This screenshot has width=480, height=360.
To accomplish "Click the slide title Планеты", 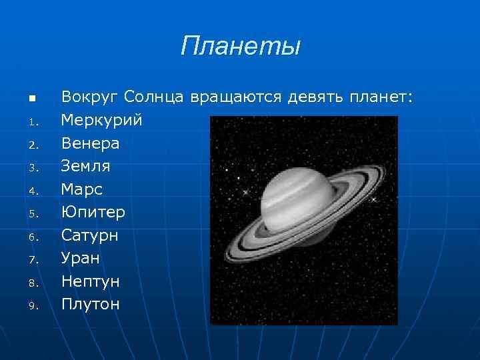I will (241, 47).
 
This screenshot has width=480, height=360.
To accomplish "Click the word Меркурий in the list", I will (102, 121).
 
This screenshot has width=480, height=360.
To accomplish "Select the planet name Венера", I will (91, 143).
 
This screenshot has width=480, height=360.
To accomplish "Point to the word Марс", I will (81, 189).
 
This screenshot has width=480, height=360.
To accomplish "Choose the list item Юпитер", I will (93, 213).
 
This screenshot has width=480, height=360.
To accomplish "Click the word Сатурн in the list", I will (90, 235).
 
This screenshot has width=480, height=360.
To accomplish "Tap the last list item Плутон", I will (91, 304).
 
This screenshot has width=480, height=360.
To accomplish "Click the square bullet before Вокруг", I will (31, 99).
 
